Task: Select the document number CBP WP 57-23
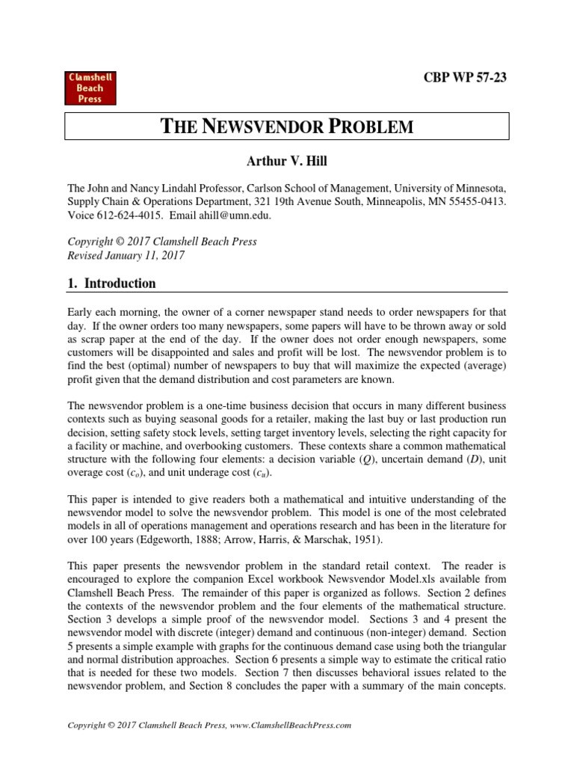463,77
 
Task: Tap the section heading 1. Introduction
111,284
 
